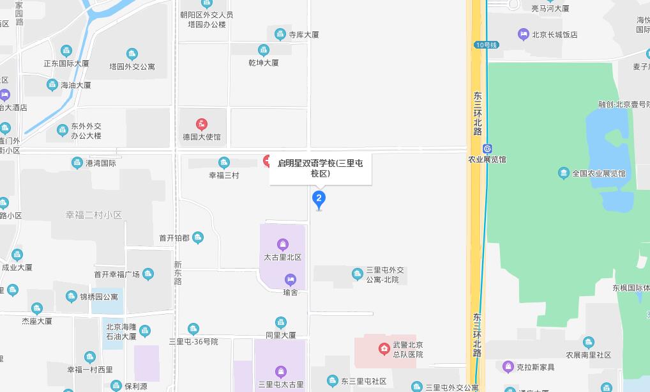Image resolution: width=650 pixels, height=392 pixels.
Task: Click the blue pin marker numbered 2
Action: (x=319, y=199)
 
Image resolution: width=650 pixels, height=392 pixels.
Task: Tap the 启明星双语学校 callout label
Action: (x=320, y=168)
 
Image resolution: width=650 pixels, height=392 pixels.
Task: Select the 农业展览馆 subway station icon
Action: (x=487, y=148)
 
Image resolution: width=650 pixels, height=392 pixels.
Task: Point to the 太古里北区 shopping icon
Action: (x=282, y=244)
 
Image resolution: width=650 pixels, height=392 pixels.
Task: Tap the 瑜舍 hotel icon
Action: (x=291, y=279)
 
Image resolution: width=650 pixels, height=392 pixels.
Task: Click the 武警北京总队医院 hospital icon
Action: (x=384, y=349)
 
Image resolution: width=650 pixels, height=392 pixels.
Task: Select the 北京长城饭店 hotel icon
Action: (x=524, y=35)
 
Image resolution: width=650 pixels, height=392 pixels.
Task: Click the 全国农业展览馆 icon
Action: (x=563, y=173)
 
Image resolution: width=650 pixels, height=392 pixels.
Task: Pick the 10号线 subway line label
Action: (x=486, y=45)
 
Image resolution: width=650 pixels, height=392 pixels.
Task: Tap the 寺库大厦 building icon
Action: (x=280, y=35)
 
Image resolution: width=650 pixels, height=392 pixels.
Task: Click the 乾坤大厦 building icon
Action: (x=264, y=50)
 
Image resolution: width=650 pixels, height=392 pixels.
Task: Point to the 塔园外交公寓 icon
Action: (x=132, y=54)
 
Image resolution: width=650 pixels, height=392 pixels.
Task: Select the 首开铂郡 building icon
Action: (x=198, y=238)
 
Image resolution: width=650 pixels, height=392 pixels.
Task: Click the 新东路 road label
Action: (x=178, y=272)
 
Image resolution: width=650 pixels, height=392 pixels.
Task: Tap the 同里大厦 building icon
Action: (x=281, y=322)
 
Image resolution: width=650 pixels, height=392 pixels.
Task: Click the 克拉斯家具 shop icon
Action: (x=508, y=367)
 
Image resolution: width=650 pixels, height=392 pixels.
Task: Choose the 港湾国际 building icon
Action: (x=77, y=163)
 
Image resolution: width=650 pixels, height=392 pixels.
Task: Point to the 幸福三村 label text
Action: (x=223, y=175)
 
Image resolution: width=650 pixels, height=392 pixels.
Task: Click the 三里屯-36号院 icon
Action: (x=193, y=329)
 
